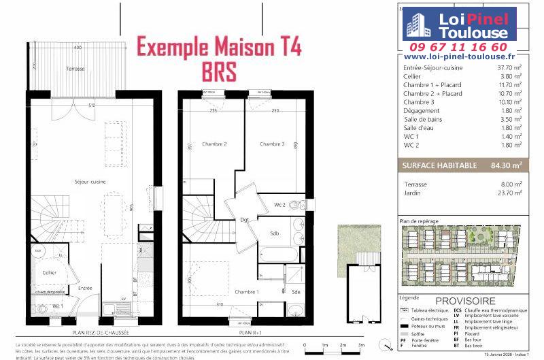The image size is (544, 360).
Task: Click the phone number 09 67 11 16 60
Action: click(x=467, y=47)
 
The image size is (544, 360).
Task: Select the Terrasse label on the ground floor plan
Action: click(x=75, y=69)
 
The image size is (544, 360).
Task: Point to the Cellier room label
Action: click(x=49, y=272)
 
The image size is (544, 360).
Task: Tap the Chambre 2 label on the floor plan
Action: click(x=214, y=144)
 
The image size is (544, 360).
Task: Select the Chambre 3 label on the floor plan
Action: click(x=271, y=144)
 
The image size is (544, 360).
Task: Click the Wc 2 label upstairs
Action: click(x=279, y=204)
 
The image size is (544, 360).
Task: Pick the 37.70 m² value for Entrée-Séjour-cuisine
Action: click(x=508, y=68)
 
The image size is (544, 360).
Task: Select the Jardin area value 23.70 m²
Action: click(x=509, y=193)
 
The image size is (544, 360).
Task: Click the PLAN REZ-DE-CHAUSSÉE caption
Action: click(x=101, y=333)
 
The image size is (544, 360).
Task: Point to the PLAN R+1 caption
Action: click(x=250, y=333)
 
